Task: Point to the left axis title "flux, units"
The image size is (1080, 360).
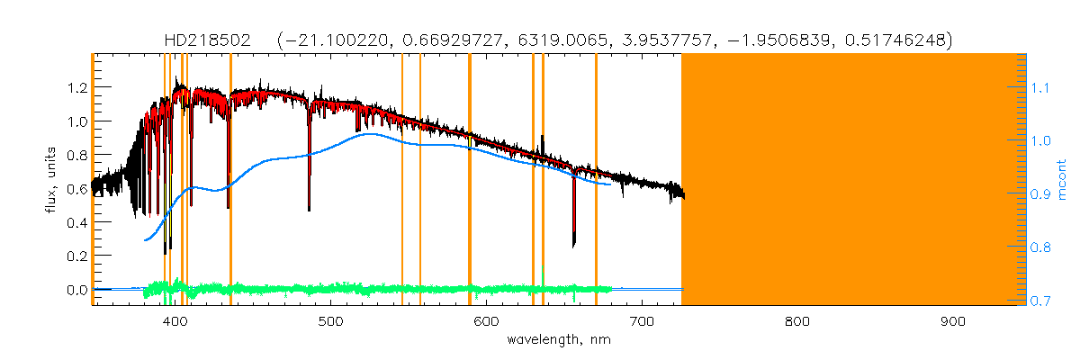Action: coord(51,180)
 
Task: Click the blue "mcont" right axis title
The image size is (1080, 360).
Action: coord(1062,180)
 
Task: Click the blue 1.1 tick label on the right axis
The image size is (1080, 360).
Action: coord(1040,88)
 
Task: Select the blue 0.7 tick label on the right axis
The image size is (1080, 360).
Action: coord(1040,301)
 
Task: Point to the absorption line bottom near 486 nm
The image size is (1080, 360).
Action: coord(310,209)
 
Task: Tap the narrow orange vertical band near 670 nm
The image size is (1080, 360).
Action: coord(596,180)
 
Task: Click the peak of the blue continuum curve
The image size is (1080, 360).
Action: coord(371,134)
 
